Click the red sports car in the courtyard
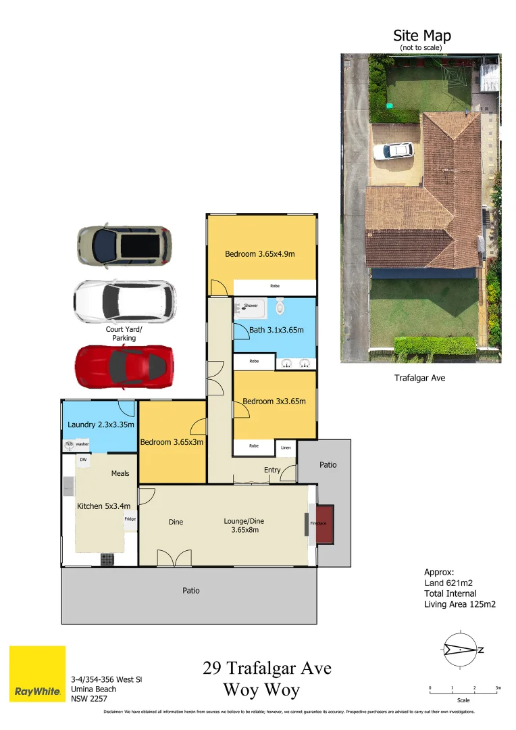pyautogui.click(x=124, y=366)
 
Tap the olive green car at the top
pyautogui.click(x=124, y=245)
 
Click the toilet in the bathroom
pyautogui.click(x=280, y=309)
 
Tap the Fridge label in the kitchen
pyautogui.click(x=130, y=519)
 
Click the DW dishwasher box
pyautogui.click(x=83, y=460)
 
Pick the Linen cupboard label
pyautogui.click(x=286, y=447)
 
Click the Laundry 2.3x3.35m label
pyautogui.click(x=101, y=425)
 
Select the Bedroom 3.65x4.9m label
pyautogui.click(x=260, y=254)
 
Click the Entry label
pyautogui.click(x=272, y=470)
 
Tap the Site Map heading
pyautogui.click(x=422, y=36)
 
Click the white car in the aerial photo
pyautogui.click(x=393, y=150)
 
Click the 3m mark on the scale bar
pyautogui.click(x=498, y=688)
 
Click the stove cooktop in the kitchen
pyautogui.click(x=107, y=559)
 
